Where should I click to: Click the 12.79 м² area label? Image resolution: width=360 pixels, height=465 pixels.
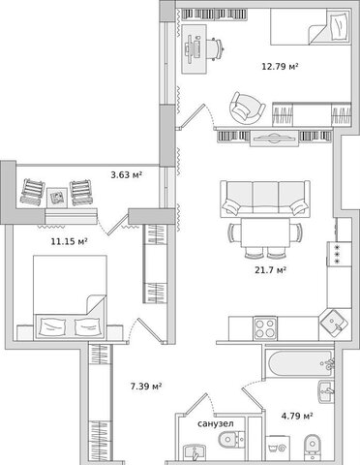[x=280, y=67]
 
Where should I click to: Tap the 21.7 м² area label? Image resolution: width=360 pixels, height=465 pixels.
[x=271, y=269]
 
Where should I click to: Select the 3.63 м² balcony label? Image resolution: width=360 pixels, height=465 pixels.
[x=127, y=175]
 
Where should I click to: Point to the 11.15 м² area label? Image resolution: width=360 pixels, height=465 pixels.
[x=70, y=241]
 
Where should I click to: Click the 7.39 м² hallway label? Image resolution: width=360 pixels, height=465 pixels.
[x=146, y=386]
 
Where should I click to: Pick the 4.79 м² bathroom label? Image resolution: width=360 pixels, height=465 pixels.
[x=297, y=416]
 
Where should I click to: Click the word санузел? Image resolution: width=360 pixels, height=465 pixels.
[x=216, y=423]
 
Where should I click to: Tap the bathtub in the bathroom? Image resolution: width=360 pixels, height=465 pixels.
[x=299, y=363]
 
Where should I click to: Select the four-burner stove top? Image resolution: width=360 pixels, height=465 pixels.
[x=265, y=328]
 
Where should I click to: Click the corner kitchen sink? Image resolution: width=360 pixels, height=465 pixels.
[x=335, y=324]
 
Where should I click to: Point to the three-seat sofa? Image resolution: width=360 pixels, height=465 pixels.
[x=265, y=199]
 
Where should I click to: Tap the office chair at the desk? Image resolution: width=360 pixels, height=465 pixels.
[x=216, y=48]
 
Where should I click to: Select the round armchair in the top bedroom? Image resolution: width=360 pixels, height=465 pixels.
[x=247, y=108]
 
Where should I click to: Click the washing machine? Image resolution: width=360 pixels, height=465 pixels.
[x=279, y=448]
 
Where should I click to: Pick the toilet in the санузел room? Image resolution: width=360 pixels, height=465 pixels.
[x=231, y=439]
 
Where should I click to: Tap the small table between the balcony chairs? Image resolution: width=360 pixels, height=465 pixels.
[x=57, y=198]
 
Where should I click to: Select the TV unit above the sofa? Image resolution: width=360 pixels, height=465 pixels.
[x=274, y=139]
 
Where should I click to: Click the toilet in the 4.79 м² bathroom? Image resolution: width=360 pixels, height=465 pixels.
[x=313, y=448]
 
